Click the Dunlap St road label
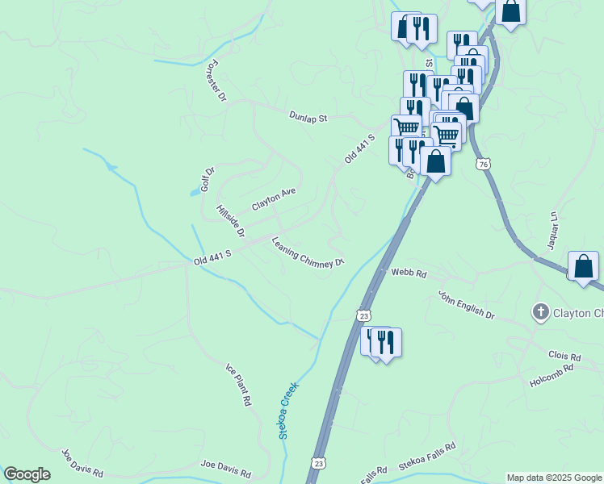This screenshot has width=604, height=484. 308,117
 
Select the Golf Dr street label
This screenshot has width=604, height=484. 208,177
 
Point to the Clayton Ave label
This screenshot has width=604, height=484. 274,199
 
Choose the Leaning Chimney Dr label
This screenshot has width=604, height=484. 308,252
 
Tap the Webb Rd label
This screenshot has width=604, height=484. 409,273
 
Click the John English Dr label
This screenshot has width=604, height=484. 466,306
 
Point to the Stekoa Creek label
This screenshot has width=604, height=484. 289,410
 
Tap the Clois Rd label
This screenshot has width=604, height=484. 564,356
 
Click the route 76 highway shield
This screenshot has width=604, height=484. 483,164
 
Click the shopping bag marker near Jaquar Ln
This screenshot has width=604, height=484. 583,267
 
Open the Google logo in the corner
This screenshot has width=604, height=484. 27,474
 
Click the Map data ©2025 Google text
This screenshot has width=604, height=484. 554,478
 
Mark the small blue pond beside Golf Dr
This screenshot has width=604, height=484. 195,192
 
